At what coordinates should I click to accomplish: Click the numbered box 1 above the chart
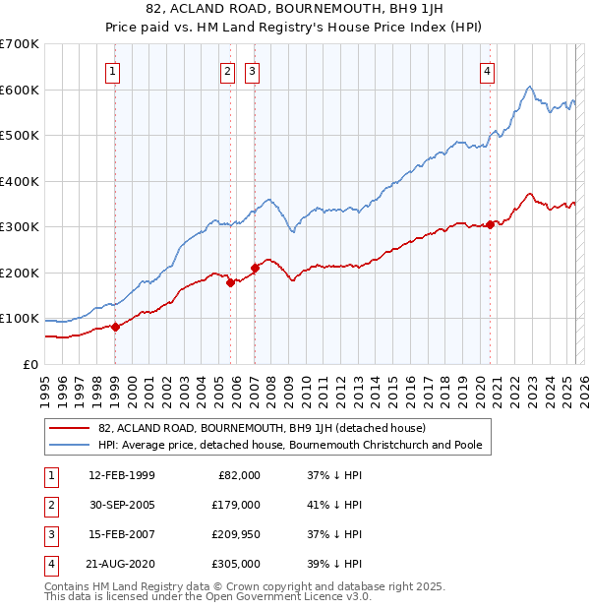[114, 71]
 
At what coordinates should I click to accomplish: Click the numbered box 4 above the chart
[488, 71]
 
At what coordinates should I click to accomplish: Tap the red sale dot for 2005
[231, 282]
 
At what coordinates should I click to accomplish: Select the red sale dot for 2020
[490, 225]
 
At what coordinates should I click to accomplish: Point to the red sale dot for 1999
[115, 327]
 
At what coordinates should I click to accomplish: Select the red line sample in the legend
[71, 428]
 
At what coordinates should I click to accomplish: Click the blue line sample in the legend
[71, 445]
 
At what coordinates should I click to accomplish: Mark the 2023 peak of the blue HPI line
[529, 87]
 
